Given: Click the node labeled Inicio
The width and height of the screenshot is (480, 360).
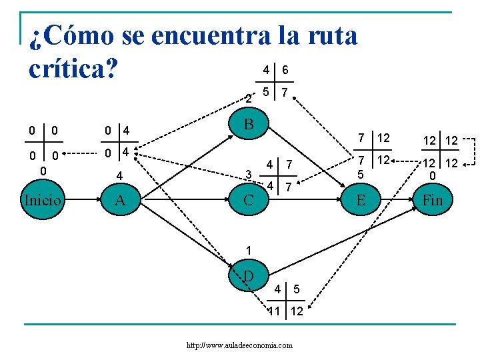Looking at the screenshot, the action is pos(43,199).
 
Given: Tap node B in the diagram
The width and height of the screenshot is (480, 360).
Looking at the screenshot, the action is pos(248,124).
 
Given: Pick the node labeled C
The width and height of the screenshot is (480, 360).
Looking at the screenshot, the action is pos(247,199).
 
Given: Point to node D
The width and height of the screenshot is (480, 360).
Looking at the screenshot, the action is pos(248,275).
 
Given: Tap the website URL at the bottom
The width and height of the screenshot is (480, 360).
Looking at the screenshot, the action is pos(240,345).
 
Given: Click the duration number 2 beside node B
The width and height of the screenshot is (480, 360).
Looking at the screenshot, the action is pos(248,98).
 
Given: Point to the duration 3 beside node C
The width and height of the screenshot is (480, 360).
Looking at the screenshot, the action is pos(248,175).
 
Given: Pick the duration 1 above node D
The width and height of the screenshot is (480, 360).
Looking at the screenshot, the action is pos(248,250).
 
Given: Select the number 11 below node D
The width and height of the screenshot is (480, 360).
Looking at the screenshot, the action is pos(274,311).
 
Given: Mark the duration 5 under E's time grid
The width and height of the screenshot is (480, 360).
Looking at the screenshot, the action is pos(361,174).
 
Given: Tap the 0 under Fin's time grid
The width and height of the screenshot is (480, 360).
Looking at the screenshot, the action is pos(433,175).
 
